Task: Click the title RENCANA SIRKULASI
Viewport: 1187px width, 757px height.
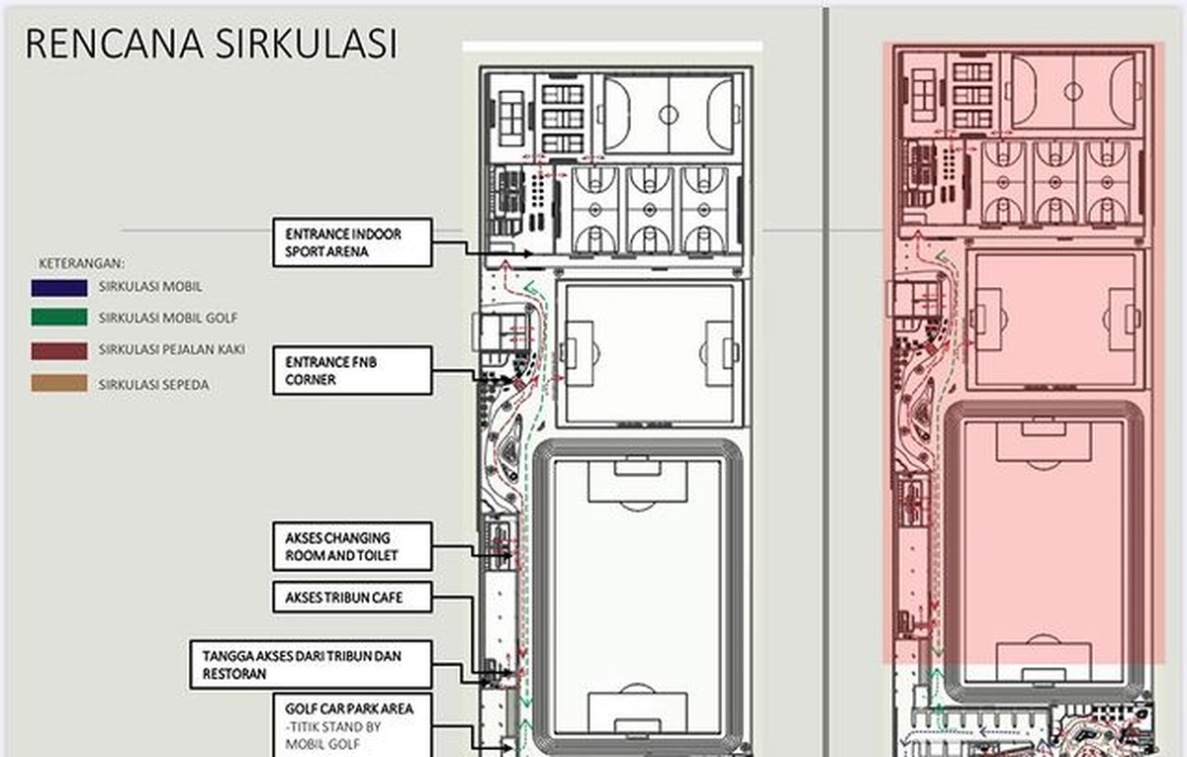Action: coord(211,44)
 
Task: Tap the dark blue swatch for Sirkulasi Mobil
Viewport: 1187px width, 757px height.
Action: coord(59,288)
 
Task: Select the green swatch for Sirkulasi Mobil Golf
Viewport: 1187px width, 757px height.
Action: coord(59,317)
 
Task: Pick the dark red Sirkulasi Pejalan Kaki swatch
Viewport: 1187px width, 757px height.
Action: coord(59,351)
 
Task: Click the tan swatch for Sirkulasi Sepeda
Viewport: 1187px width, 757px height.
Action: coord(59,383)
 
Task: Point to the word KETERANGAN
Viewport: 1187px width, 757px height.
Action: coord(81,263)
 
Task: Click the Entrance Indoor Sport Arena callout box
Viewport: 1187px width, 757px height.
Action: coord(352,242)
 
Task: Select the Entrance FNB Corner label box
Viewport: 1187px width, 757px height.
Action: coord(352,370)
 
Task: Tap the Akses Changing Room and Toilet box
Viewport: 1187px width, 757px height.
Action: coord(352,546)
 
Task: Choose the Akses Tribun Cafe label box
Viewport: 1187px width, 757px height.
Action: coord(352,598)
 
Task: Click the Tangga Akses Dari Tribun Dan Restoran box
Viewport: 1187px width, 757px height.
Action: coord(311,665)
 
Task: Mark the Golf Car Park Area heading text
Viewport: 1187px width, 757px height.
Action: coord(349,709)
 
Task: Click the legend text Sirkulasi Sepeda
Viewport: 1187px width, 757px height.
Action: coord(153,385)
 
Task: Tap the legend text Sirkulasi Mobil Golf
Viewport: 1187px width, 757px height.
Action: coord(168,318)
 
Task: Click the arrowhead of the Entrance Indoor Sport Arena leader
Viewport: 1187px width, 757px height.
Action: coord(528,253)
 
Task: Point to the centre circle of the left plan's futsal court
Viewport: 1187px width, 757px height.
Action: coord(669,115)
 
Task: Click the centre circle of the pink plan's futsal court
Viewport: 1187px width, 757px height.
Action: coord(1073,92)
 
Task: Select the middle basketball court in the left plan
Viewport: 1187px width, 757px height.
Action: coord(650,210)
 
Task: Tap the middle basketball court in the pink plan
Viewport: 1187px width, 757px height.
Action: coord(1055,182)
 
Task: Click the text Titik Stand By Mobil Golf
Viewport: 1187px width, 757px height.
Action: coord(332,735)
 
